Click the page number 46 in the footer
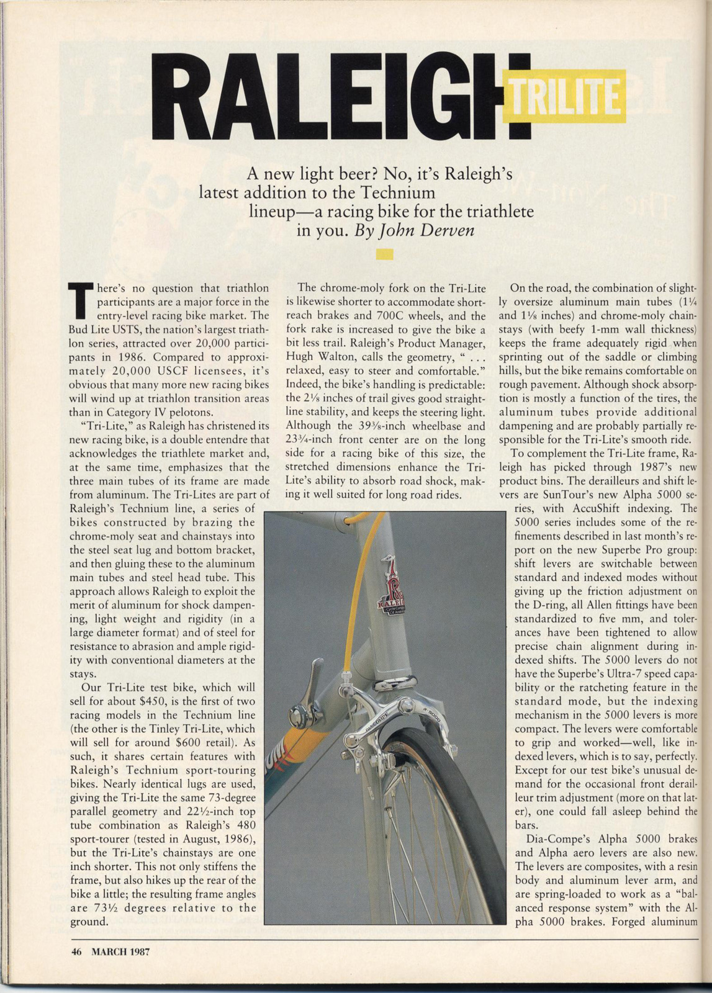click(77, 951)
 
